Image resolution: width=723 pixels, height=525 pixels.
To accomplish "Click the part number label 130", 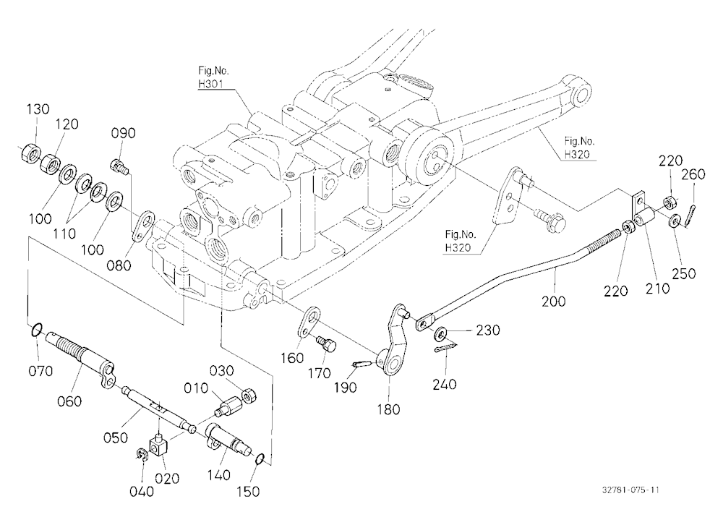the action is click(x=38, y=109).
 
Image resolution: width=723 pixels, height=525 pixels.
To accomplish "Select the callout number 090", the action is click(x=123, y=133).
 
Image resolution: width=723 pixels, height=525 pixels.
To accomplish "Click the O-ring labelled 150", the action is click(x=260, y=458).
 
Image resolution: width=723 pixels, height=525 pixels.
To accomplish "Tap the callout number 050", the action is click(x=115, y=437).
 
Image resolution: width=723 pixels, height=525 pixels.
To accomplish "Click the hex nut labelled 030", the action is click(x=249, y=396).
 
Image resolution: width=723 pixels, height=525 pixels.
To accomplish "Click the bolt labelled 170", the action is click(x=327, y=344).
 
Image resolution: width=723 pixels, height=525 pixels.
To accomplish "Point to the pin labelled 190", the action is click(x=361, y=365).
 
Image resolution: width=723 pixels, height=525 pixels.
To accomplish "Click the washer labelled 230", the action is click(x=441, y=332).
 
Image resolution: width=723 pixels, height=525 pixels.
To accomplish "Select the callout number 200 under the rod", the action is click(x=553, y=302).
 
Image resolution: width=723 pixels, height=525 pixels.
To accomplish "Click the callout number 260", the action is click(x=693, y=174).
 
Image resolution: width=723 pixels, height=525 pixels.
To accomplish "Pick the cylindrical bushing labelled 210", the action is click(x=644, y=217).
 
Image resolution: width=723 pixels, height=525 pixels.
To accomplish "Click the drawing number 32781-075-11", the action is click(x=630, y=490).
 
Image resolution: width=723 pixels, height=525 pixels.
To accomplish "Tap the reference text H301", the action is click(x=210, y=84).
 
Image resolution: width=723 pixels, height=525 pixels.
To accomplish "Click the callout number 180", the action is click(x=388, y=409).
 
